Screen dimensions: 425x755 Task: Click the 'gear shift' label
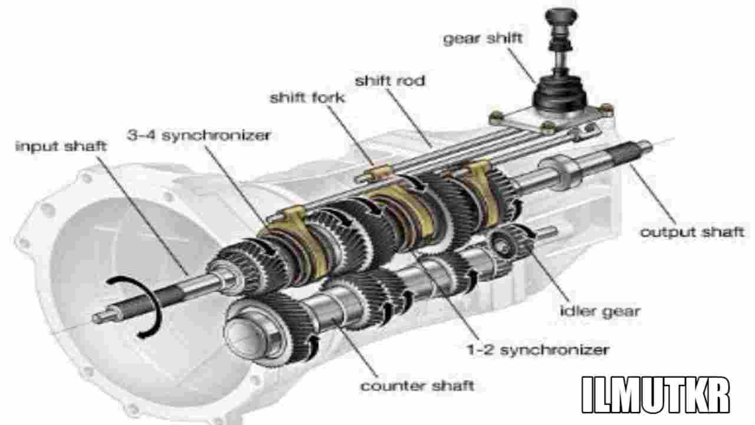(x=482, y=39)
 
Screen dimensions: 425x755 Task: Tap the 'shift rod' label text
(x=389, y=80)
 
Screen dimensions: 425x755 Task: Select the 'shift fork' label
(x=307, y=97)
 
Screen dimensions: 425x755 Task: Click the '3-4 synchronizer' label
(x=199, y=135)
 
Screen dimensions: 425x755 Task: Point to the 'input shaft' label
(x=61, y=146)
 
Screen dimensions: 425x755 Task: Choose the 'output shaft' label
(x=692, y=231)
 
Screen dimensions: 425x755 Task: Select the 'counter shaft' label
(x=417, y=386)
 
